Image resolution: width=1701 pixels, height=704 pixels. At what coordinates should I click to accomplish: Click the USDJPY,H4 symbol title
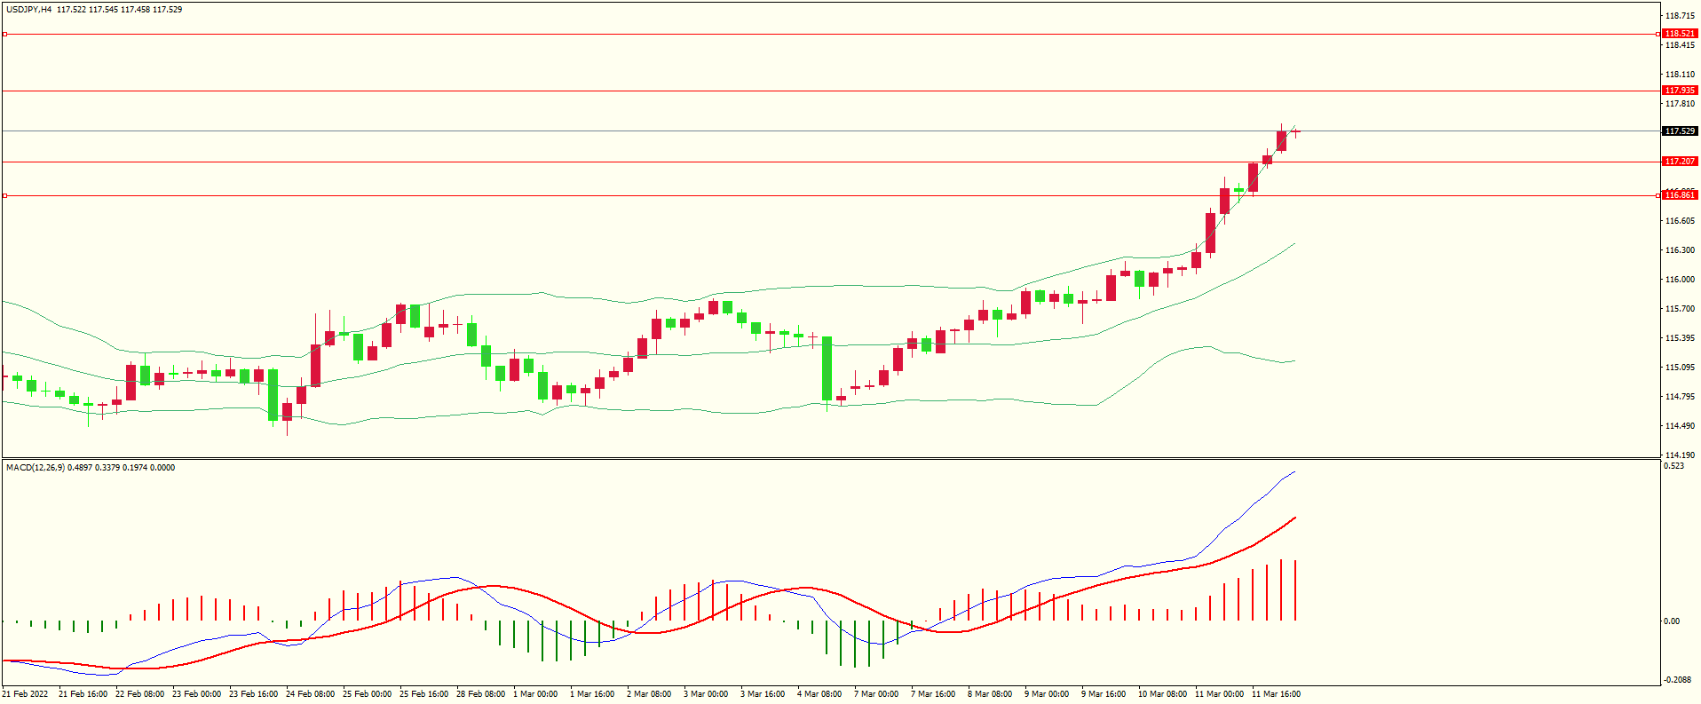[29, 10]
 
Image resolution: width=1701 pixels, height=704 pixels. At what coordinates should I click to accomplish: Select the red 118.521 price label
[1680, 34]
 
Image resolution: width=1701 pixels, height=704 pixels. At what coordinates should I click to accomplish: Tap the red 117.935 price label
[1680, 91]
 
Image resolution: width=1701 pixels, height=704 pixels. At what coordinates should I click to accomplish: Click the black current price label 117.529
[1680, 131]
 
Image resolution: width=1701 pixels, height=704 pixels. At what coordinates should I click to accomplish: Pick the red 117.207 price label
[1680, 162]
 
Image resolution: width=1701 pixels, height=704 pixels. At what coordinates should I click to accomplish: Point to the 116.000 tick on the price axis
[1680, 280]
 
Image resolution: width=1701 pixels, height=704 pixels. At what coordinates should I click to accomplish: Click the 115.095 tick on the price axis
[1680, 368]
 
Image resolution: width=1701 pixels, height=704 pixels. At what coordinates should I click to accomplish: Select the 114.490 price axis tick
[1680, 426]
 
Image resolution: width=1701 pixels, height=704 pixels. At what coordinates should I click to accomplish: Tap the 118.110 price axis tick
[1680, 75]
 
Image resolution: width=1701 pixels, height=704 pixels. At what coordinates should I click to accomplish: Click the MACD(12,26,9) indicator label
[35, 468]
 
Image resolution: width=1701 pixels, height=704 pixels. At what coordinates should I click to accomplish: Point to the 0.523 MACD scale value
[1673, 466]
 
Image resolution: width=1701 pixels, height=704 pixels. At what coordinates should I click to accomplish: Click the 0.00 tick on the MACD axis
[1672, 621]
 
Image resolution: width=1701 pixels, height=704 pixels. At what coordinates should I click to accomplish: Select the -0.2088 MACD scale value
[1676, 680]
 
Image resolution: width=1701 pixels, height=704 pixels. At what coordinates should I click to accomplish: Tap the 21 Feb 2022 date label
[26, 694]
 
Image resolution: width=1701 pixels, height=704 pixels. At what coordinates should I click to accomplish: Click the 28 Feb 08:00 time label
[480, 694]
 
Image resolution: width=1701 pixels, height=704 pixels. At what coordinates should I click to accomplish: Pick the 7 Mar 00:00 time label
[876, 694]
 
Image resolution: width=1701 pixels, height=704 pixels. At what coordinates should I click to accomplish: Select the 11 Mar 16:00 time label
[1276, 694]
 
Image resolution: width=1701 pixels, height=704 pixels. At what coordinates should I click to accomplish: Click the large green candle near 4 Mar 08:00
[827, 368]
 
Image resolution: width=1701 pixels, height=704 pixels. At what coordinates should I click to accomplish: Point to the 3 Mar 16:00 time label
[763, 694]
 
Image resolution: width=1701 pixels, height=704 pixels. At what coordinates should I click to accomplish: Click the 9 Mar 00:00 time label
[1047, 694]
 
